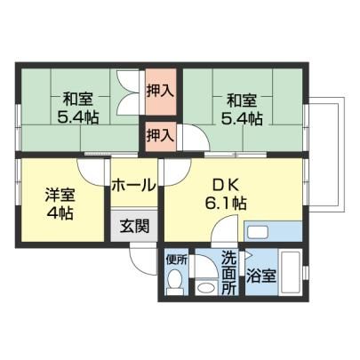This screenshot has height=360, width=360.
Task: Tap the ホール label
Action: click(x=133, y=186)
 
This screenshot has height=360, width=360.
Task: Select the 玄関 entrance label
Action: click(x=134, y=227)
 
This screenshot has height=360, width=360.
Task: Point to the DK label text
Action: click(x=226, y=186)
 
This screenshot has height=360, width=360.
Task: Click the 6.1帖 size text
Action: click(x=226, y=204)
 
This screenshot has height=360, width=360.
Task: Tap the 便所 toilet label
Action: click(x=177, y=260)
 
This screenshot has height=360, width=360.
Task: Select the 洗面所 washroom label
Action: click(x=229, y=272)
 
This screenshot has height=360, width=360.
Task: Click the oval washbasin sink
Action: click(x=206, y=287)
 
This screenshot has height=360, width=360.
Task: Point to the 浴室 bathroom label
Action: click(x=261, y=276)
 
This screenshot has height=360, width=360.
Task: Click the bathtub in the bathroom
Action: click(x=291, y=271)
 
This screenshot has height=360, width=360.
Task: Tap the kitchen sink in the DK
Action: click(x=258, y=231)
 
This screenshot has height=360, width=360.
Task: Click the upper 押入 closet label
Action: click(x=160, y=91)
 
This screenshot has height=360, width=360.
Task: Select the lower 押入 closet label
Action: click(x=160, y=136)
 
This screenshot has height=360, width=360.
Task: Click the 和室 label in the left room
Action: click(x=78, y=100)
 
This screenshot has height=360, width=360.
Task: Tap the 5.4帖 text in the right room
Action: click(x=242, y=118)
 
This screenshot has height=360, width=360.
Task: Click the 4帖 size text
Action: click(x=60, y=212)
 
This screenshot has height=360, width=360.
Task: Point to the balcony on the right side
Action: click(x=326, y=154)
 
